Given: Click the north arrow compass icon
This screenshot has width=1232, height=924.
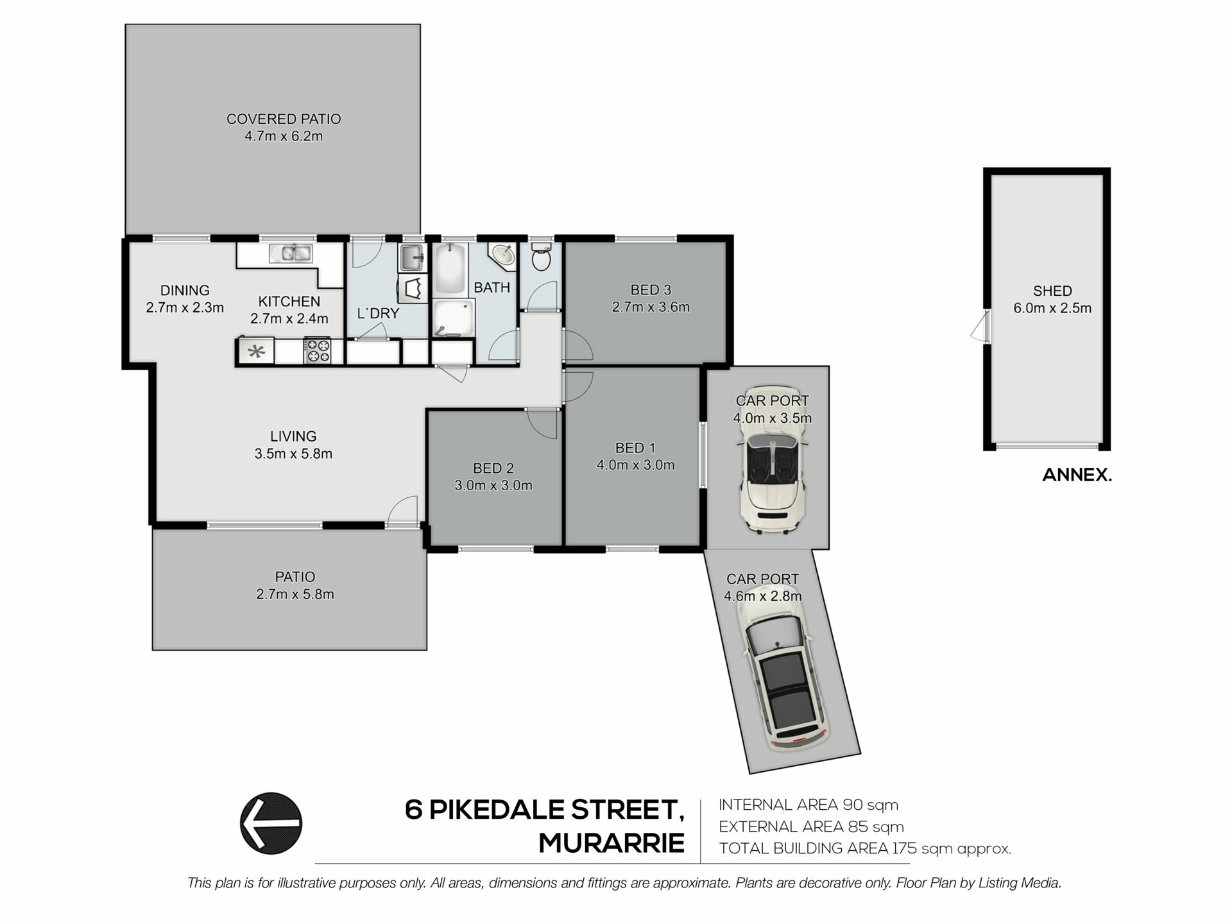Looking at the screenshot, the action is coord(271,823).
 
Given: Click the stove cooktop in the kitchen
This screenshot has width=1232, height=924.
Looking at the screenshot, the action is coord(317,351).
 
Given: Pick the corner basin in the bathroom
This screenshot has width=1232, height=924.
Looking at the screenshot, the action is coord(502,255).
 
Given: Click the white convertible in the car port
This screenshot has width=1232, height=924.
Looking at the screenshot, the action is coord(773,459).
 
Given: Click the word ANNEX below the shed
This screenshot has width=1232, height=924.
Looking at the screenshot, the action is coord(1077,475).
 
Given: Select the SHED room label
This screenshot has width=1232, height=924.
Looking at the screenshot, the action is coord(1052,291).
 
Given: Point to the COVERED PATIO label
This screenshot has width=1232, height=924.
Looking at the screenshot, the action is coord(284,119).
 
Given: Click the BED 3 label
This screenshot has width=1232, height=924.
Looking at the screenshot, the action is coord(651,290).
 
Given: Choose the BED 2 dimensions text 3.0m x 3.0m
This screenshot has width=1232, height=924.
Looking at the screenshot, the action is coord(493,486).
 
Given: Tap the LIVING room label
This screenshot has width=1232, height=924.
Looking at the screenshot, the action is coord(293,436).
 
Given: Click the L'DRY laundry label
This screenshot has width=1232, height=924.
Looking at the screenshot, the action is coord(378,314).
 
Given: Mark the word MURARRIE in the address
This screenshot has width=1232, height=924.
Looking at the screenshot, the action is coord(612,843).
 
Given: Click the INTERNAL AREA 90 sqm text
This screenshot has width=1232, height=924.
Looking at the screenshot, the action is coord(809,805).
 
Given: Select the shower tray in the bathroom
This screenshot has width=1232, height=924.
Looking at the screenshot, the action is coord(453,318).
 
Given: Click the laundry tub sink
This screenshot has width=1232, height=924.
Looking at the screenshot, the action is coord(413,258).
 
